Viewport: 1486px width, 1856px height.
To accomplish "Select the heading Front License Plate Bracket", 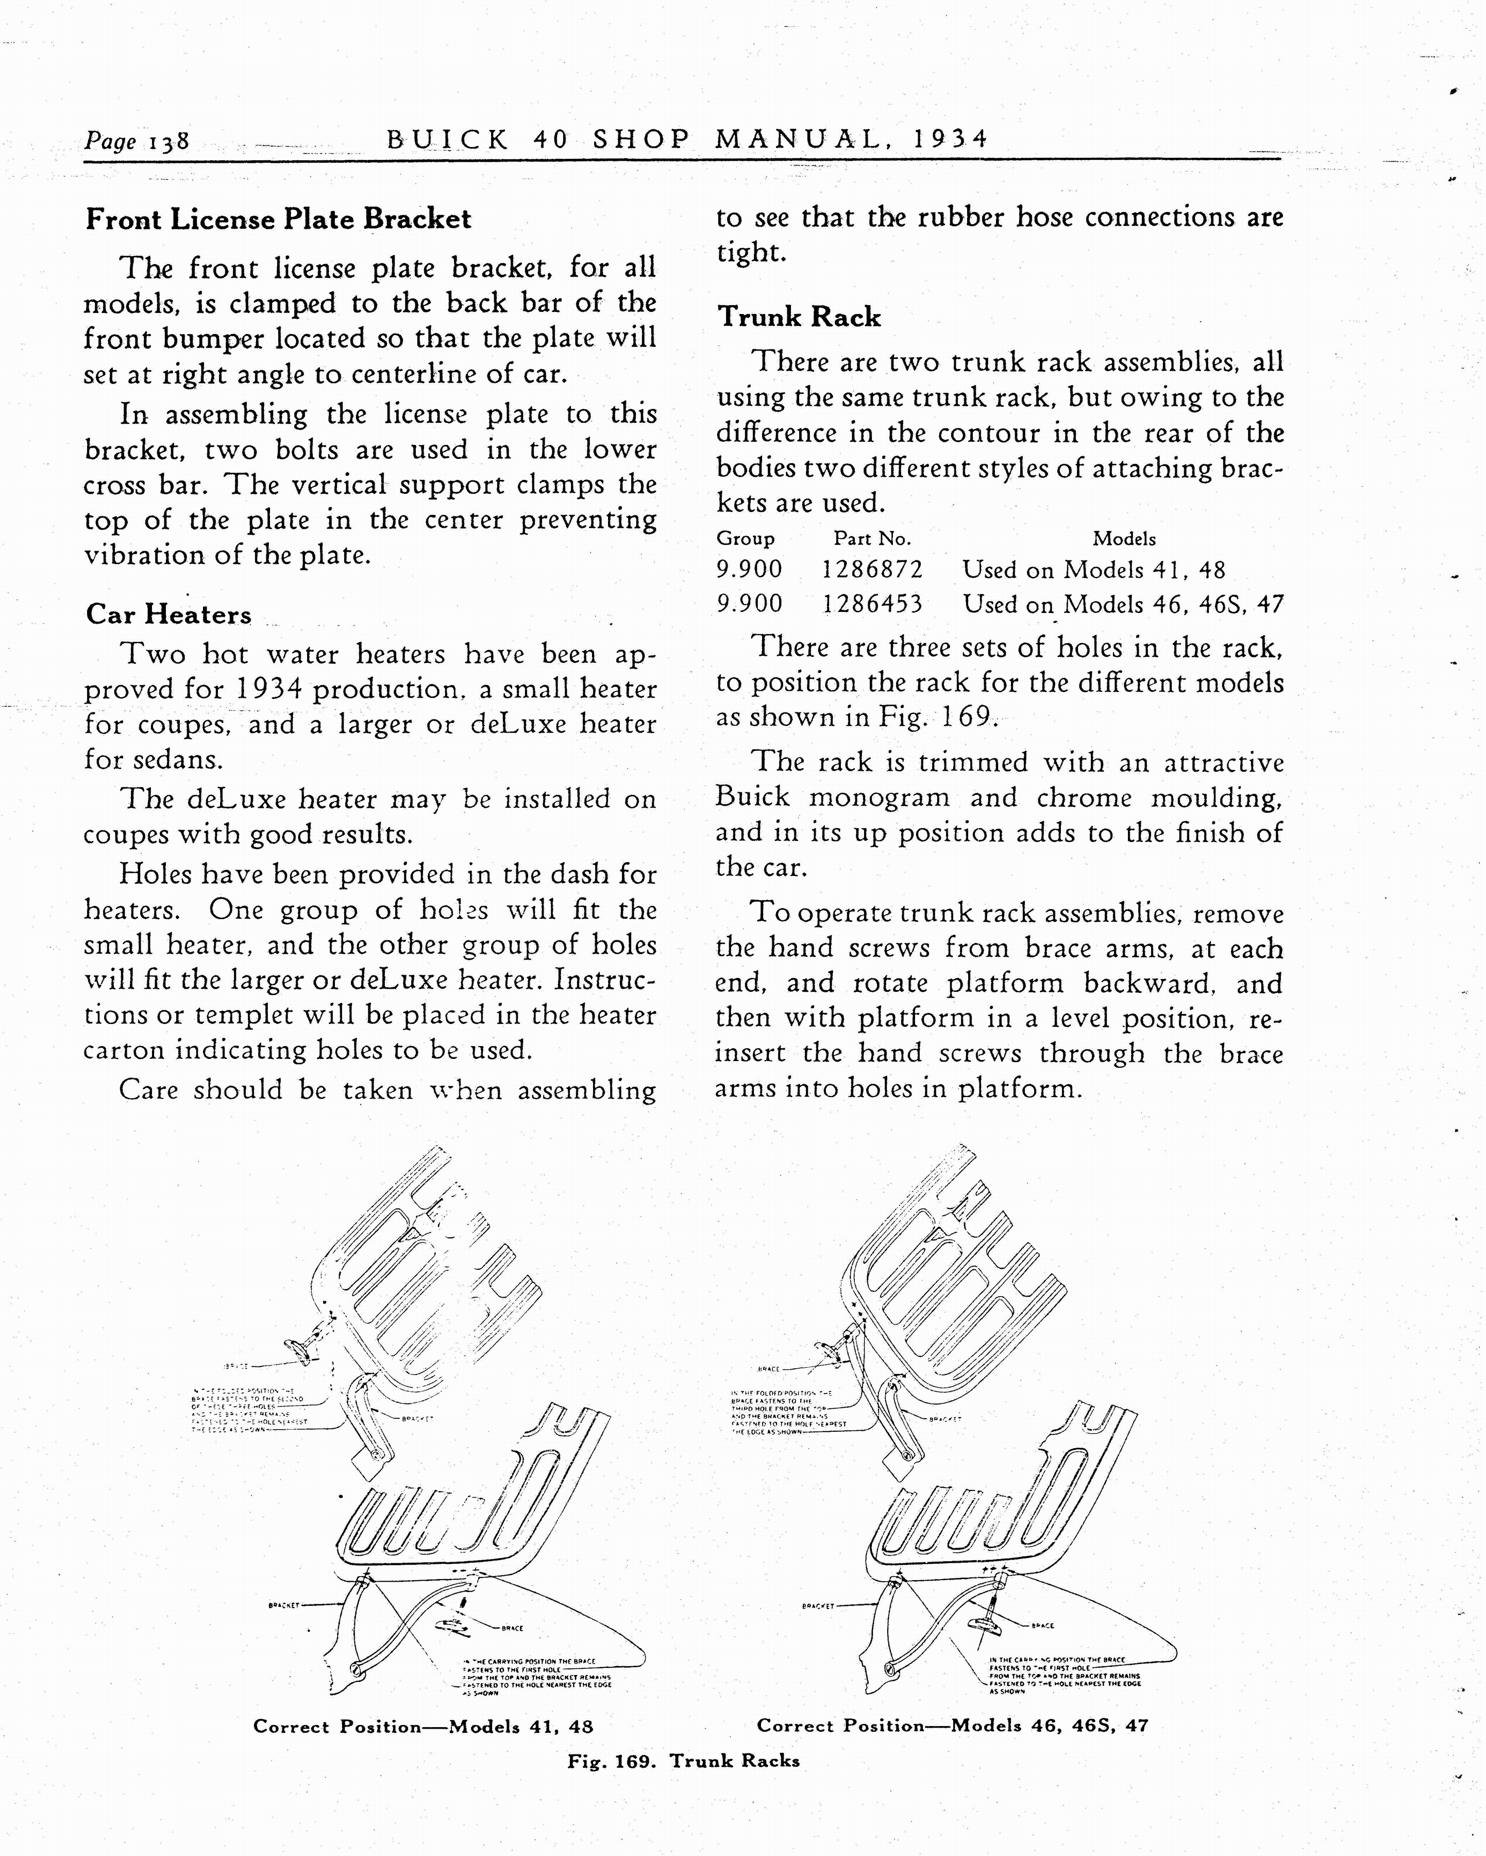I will [x=278, y=220].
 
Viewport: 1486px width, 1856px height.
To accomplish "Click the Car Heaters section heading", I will [x=168, y=615].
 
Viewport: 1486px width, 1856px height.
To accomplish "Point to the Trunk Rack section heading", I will [x=799, y=317].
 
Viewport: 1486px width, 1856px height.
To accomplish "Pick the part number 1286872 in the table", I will [x=872, y=570].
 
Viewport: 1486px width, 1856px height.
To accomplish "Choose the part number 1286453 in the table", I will [x=872, y=604].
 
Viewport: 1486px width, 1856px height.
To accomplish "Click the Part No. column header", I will [x=872, y=539].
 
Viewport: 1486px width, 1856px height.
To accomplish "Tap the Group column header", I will [x=745, y=539].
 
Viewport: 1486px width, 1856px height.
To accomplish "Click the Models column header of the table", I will [x=1124, y=539].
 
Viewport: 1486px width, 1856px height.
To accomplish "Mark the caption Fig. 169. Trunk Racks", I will [x=683, y=1761].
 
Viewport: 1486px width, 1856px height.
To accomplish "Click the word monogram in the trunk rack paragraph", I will [x=880, y=798].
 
